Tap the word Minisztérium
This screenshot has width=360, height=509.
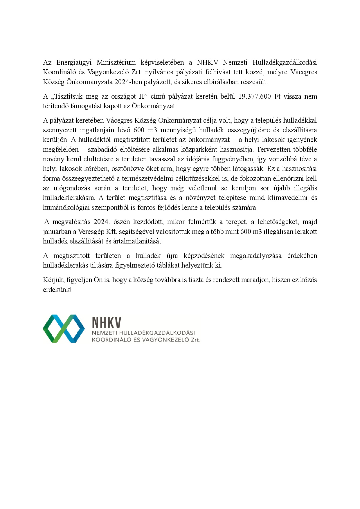116,62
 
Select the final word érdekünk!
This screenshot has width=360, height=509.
57,290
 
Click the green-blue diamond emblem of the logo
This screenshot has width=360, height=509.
64,328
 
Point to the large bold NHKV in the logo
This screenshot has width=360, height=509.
106,322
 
